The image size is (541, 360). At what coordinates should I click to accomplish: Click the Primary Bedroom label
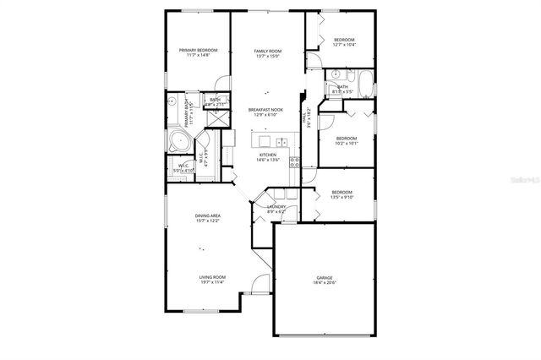199,50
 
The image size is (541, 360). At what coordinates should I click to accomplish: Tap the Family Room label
268,51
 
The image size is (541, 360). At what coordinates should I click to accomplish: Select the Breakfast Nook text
265,109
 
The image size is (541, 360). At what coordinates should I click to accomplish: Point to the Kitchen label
268,155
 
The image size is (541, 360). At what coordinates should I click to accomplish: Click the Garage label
325,277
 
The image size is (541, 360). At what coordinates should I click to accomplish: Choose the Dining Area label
209,215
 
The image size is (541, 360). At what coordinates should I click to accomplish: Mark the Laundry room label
276,206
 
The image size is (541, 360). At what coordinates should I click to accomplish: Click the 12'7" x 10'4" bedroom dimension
343,46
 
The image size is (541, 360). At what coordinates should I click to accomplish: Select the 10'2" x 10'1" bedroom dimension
347,144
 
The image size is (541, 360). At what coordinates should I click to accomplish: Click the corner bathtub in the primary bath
179,140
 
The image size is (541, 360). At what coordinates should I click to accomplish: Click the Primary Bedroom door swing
221,84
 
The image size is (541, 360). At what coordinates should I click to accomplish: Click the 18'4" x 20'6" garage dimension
325,283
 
